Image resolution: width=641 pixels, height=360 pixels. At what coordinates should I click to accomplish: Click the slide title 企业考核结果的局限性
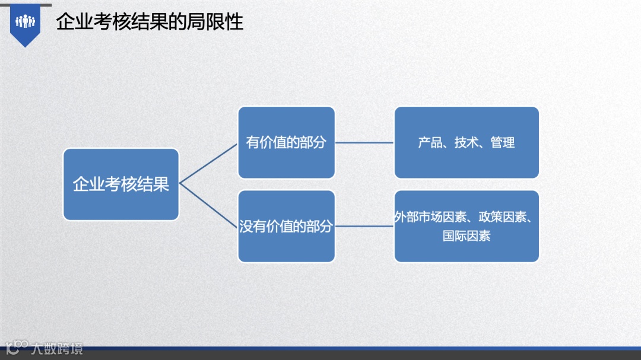click(x=150, y=22)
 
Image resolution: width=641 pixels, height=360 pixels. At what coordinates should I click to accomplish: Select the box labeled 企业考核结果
click(x=121, y=184)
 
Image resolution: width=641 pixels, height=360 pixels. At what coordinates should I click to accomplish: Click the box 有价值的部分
click(x=286, y=142)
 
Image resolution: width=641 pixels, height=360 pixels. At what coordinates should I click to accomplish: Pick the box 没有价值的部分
click(x=286, y=226)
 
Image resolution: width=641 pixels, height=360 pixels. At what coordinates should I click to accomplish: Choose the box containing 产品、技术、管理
click(x=467, y=142)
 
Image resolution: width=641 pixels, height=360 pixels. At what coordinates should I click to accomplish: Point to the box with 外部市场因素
click(x=467, y=226)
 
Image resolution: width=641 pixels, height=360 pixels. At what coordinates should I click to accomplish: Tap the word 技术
click(x=467, y=143)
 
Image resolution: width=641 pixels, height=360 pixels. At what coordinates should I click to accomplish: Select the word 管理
click(x=503, y=143)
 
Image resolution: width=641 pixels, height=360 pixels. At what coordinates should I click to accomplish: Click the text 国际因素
click(x=467, y=235)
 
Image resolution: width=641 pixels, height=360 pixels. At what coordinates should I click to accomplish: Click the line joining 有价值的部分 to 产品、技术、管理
click(x=364, y=142)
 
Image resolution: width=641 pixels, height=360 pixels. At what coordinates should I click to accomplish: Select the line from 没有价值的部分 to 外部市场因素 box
click(x=364, y=226)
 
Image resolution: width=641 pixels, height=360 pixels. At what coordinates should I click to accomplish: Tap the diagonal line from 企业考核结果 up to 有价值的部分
click(x=208, y=163)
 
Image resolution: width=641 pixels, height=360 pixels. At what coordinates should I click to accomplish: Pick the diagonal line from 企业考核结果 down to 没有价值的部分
click(x=208, y=205)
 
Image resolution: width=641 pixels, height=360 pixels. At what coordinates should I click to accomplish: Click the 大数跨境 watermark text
click(x=58, y=348)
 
